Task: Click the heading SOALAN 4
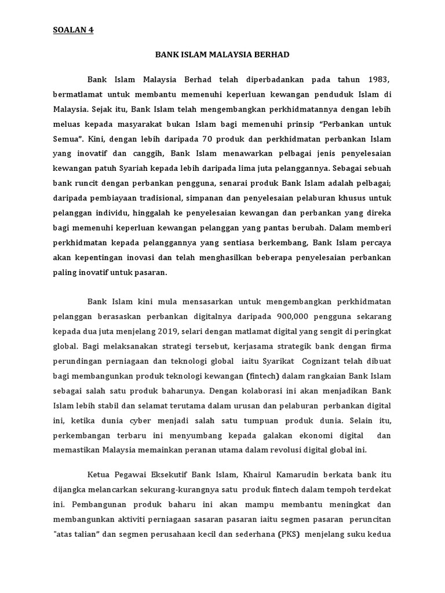click(73, 31)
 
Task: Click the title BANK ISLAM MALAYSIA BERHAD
click(222, 54)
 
